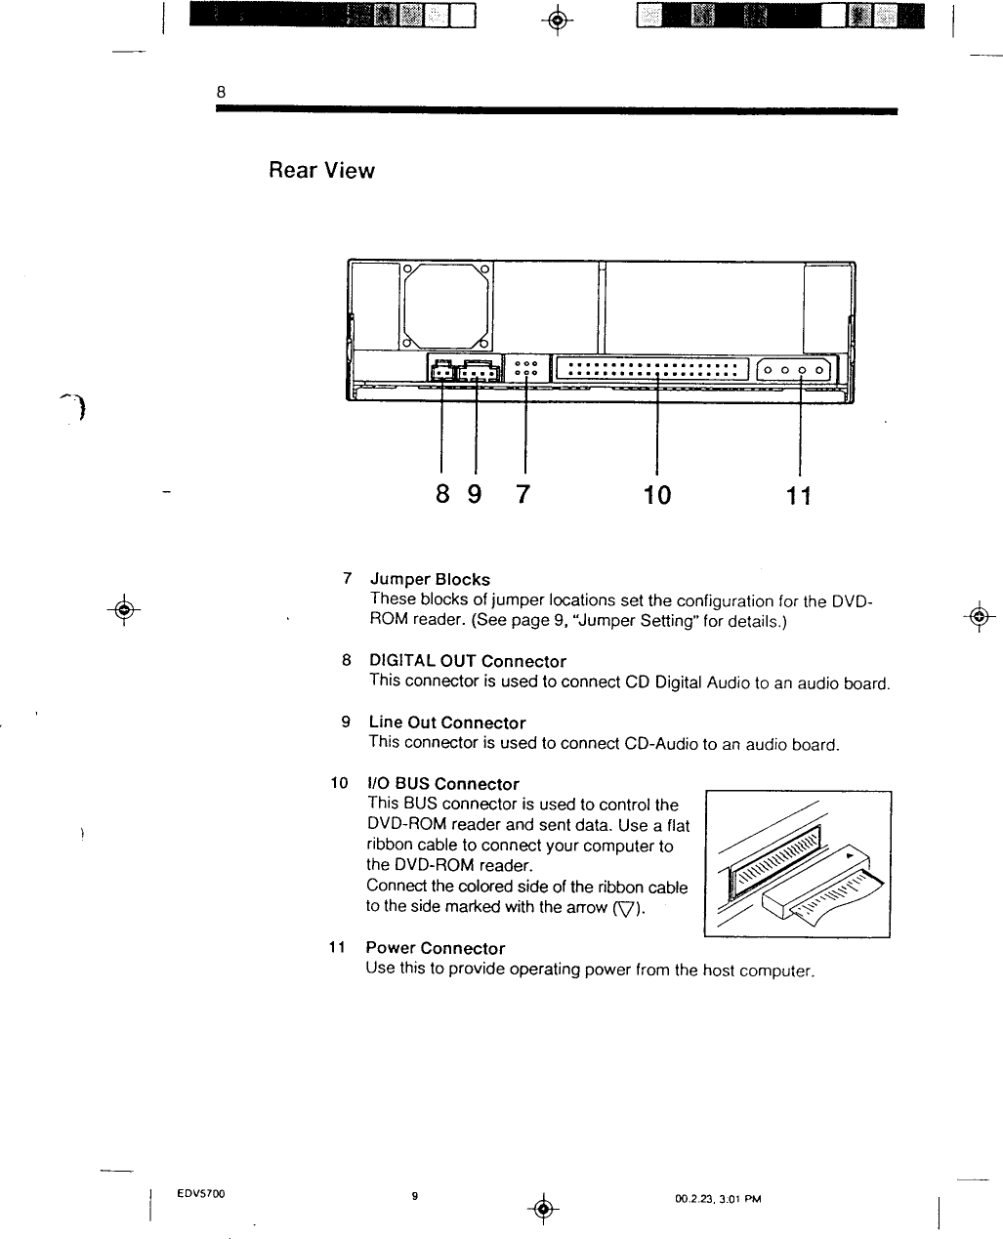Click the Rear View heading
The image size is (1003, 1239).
[x=321, y=171]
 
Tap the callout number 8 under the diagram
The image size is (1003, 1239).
[x=442, y=494]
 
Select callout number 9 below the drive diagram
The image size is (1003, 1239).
[x=475, y=494]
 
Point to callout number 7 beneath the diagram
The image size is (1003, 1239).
[x=522, y=494]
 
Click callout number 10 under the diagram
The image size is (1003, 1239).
[x=657, y=495]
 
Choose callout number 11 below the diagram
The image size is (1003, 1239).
[x=799, y=496]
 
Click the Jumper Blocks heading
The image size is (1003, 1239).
[x=430, y=579]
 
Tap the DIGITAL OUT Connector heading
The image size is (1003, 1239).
[x=467, y=661]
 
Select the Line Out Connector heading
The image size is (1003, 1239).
[x=446, y=723]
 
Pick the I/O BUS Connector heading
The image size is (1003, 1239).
[x=442, y=784]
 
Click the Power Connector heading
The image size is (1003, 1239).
[x=435, y=948]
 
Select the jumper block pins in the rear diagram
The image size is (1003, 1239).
[x=526, y=367]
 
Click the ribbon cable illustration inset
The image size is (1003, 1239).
[x=797, y=864]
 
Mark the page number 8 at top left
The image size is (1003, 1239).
[x=221, y=91]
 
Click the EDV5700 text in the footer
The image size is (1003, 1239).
[x=201, y=1194]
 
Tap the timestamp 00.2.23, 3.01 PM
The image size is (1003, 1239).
[x=718, y=1199]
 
